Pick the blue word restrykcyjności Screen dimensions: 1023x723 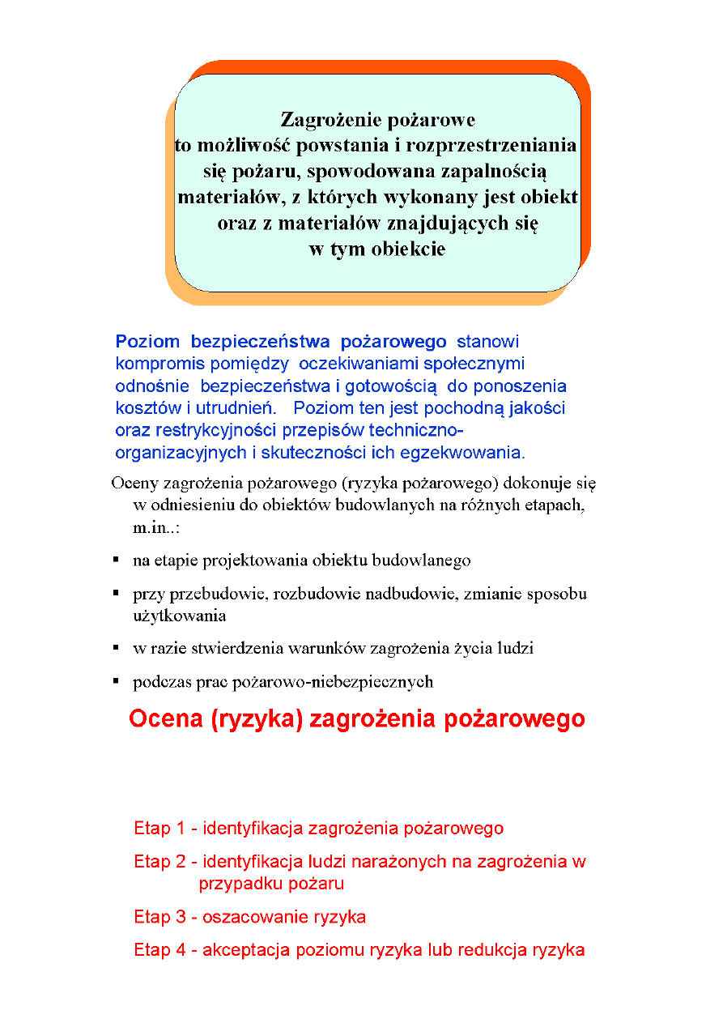point(217,429)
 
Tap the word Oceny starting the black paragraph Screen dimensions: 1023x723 point(134,484)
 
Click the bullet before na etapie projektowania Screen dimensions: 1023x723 point(117,560)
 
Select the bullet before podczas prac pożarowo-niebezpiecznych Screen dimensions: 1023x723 point(117,681)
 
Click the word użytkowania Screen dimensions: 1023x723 point(179,616)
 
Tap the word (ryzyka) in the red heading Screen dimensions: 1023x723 point(254,719)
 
